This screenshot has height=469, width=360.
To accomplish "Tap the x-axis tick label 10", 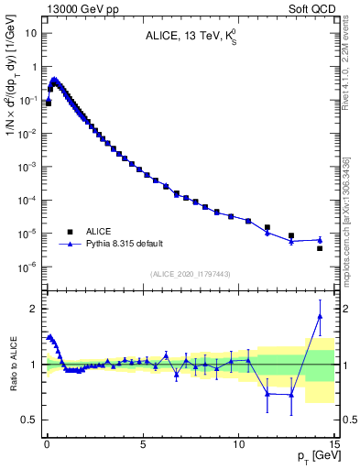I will (x=238, y=443).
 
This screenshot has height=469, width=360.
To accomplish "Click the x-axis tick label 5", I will (x=143, y=443).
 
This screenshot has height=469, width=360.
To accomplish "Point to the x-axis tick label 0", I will (x=47, y=443).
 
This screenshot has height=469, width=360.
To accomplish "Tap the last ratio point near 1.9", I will (x=320, y=316).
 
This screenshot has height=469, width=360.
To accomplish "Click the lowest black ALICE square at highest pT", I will (x=320, y=248).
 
